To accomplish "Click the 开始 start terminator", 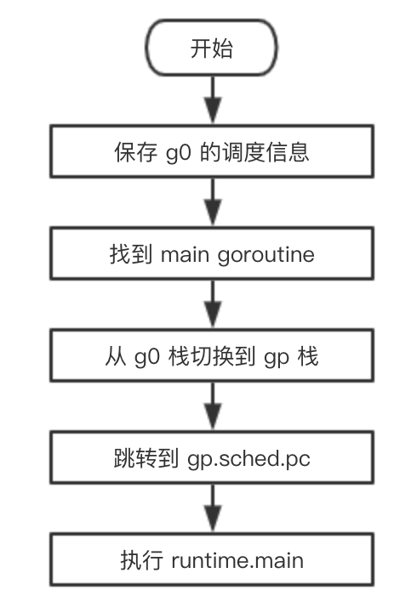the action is point(212,48).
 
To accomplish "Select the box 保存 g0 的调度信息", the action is point(212,151).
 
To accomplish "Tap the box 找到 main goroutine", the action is point(212,253).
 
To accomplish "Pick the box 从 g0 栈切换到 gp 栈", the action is point(212,355).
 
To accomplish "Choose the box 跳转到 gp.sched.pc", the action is point(212,457).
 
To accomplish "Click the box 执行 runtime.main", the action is point(212,559).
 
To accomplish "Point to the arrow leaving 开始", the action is point(213,99).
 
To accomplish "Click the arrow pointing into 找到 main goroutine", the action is point(213,202).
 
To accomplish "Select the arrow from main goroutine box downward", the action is point(213,304).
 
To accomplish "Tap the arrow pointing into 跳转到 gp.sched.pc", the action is point(213,406).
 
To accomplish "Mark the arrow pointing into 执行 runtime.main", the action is point(213,508).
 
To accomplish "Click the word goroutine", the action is point(266,256).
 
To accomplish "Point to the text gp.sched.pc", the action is point(248,460).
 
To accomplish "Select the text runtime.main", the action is point(237,560).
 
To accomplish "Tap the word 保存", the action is point(135,151).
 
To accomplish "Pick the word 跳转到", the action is point(146,458).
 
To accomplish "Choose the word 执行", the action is point(141,560).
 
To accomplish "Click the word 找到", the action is point(130,254).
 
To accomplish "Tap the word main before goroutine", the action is point(185,255).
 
